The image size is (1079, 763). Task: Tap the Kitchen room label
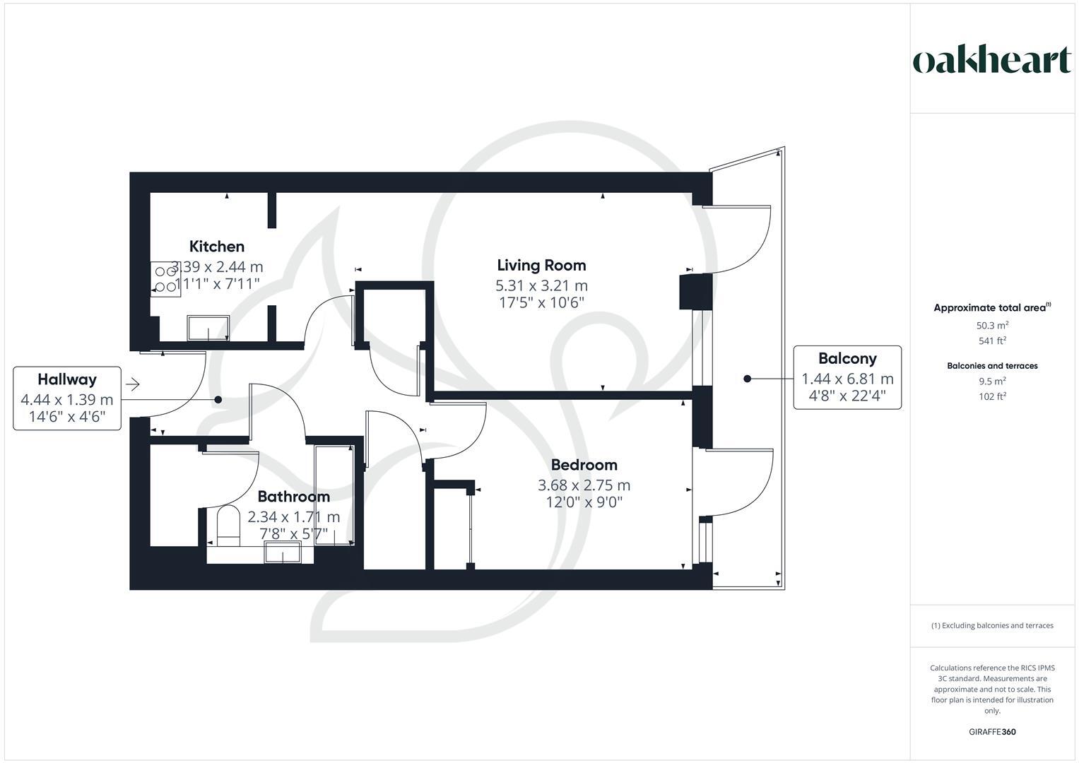[217, 247]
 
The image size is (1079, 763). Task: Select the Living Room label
[541, 265]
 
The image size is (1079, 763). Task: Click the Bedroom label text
[584, 465]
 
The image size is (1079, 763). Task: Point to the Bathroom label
[293, 497]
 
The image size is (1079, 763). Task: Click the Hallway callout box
[67, 398]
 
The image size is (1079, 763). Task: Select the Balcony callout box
[847, 377]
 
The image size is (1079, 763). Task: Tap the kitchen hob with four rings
[165, 279]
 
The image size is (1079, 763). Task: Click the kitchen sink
[208, 328]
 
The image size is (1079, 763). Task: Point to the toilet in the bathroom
[228, 526]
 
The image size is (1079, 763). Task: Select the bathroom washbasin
[283, 552]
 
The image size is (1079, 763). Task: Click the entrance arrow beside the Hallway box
[133, 384]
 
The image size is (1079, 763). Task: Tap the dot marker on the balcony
[747, 379]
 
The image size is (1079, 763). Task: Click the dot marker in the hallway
[218, 400]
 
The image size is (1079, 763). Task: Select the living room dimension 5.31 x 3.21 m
[541, 286]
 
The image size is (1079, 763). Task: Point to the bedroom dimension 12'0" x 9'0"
[584, 503]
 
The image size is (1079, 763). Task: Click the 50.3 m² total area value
[992, 326]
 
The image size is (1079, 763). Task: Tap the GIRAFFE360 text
[991, 732]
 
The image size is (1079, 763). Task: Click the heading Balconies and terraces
[992, 366]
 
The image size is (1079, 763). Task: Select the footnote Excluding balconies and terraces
[992, 625]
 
